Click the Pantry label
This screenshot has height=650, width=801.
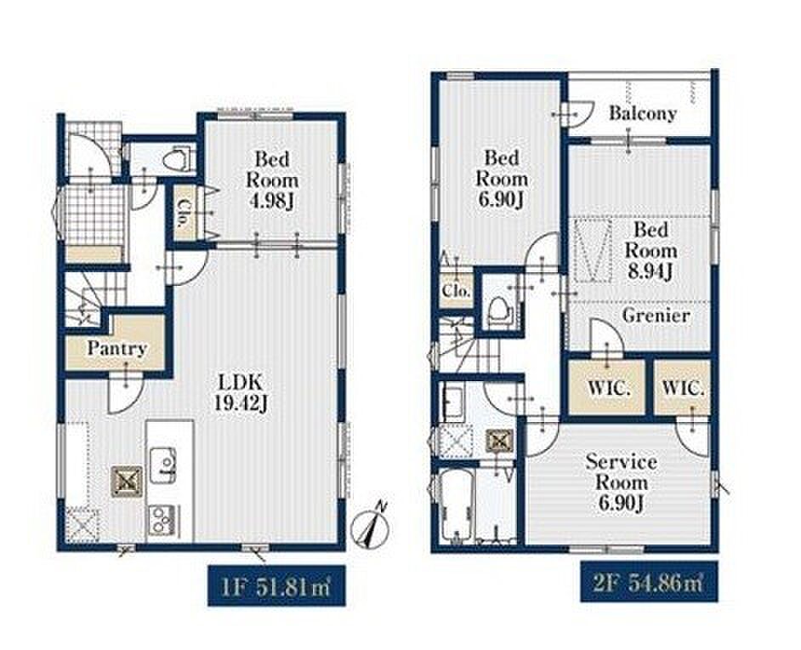click(117, 349)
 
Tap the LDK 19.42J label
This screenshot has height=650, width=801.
click(240, 392)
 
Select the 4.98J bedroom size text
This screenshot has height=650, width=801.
click(271, 202)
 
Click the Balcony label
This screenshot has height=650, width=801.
click(643, 113)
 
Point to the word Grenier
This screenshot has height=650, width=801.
click(656, 316)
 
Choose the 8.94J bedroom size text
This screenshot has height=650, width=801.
click(650, 272)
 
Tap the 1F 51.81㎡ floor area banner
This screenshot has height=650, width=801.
click(276, 585)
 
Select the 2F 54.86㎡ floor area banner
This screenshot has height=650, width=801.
click(649, 582)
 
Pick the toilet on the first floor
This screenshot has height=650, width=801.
click(177, 157)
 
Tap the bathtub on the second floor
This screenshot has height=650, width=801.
click(456, 507)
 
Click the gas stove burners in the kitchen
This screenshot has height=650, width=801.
click(163, 521)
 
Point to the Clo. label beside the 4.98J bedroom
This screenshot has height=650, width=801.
click(181, 213)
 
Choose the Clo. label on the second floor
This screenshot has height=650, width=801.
click(456, 291)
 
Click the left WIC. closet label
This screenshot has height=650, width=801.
click(609, 389)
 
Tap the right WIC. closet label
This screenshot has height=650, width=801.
click(683, 388)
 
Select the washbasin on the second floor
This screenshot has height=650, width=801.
click(452, 402)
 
